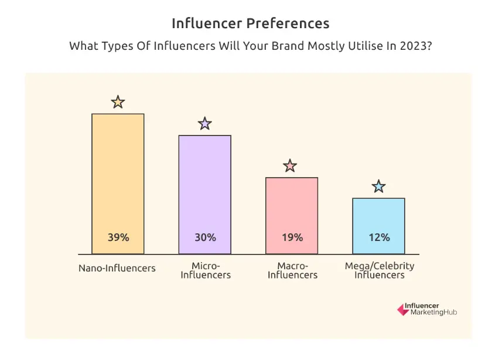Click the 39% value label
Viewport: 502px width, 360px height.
tap(118, 237)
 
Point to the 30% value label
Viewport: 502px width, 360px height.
tap(205, 237)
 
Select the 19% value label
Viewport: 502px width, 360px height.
tap(292, 237)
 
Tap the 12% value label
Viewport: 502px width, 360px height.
tap(379, 237)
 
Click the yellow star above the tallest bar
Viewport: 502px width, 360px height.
tap(118, 102)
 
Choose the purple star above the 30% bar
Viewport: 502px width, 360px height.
tap(204, 124)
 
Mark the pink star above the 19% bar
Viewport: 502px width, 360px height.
tap(290, 166)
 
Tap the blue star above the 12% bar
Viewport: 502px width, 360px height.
tap(379, 186)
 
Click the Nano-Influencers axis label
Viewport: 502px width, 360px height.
tap(117, 268)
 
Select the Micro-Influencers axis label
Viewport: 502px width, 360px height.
tap(206, 270)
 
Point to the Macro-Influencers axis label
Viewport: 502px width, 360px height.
tap(292, 270)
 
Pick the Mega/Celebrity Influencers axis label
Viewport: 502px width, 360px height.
tap(380, 270)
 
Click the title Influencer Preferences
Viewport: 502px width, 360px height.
tap(251, 23)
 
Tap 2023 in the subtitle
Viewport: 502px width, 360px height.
tap(415, 46)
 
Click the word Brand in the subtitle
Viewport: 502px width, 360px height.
tap(284, 46)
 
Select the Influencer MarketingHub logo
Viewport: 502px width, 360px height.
tap(426, 309)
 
